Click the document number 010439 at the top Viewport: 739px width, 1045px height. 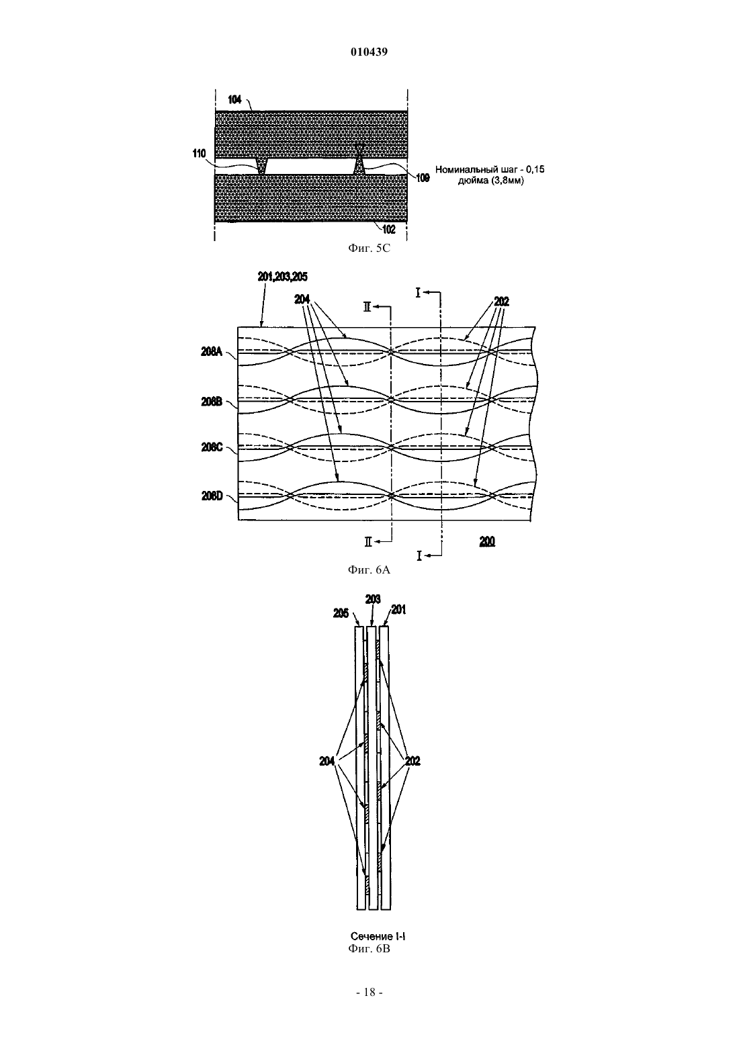(369, 52)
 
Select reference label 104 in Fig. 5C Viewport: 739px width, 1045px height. (234, 100)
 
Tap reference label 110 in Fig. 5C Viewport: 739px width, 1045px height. (200, 154)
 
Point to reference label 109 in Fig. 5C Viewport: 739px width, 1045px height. (423, 178)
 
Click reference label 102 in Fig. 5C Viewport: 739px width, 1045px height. (388, 229)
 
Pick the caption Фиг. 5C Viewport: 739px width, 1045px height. (369, 248)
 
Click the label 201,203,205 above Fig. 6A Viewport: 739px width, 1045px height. (283, 277)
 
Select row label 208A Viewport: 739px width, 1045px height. (212, 352)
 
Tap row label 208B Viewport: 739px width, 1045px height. (212, 402)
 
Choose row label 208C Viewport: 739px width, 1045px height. (212, 447)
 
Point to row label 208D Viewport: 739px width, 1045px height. (212, 496)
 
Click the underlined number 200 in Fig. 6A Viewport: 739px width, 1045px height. (487, 541)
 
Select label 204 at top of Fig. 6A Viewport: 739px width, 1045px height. (302, 299)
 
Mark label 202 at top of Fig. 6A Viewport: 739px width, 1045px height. (502, 302)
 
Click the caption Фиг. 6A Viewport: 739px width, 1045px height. (369, 570)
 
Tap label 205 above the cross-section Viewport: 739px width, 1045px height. (341, 613)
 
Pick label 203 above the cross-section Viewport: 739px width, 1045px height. (373, 600)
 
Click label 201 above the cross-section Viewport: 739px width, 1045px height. (398, 610)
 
